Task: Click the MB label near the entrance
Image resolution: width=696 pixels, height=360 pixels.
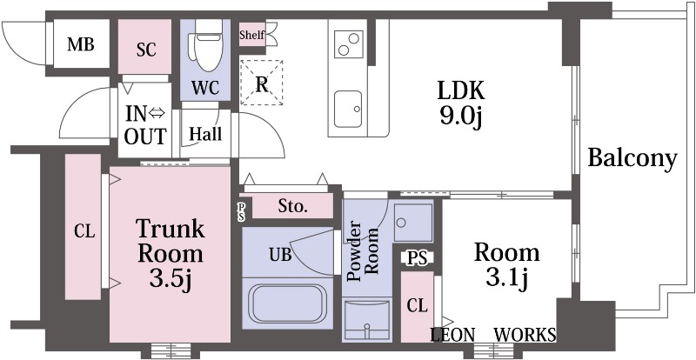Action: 80,44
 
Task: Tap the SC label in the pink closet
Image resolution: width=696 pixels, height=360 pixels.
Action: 146,50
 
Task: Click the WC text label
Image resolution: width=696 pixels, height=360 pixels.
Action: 205,88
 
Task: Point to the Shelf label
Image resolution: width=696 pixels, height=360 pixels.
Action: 251,35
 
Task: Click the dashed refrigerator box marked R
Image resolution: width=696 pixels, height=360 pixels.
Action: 262,83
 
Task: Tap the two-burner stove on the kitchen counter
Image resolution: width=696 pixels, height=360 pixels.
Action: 347,44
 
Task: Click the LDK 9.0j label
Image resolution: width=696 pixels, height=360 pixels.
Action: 460,103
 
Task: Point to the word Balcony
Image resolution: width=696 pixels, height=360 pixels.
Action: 632,158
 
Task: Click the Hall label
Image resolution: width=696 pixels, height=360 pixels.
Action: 205,134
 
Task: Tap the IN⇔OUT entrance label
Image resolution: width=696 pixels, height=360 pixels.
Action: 145,125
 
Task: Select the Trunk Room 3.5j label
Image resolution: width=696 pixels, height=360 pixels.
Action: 171,255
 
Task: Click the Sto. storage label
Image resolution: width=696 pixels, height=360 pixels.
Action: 292,206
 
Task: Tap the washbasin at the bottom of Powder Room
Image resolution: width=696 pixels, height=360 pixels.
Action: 366,320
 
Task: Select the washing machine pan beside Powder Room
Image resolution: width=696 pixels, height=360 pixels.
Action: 412,223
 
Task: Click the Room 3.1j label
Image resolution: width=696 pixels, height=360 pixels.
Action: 507,265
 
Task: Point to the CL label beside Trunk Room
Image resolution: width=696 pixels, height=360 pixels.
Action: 84,230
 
